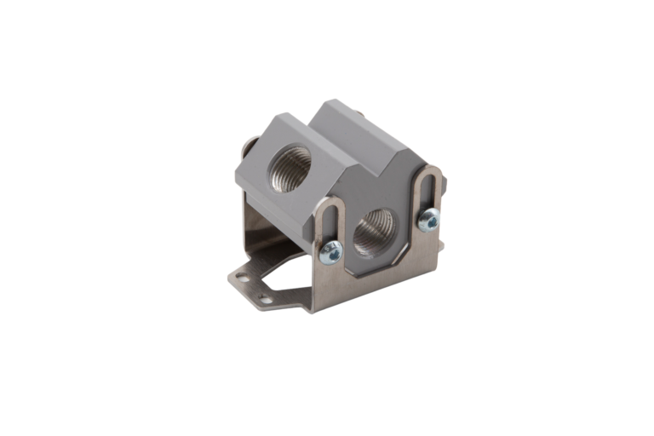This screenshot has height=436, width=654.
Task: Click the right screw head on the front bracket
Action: point(429,221)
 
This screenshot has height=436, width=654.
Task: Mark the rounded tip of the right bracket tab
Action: point(432,169)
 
